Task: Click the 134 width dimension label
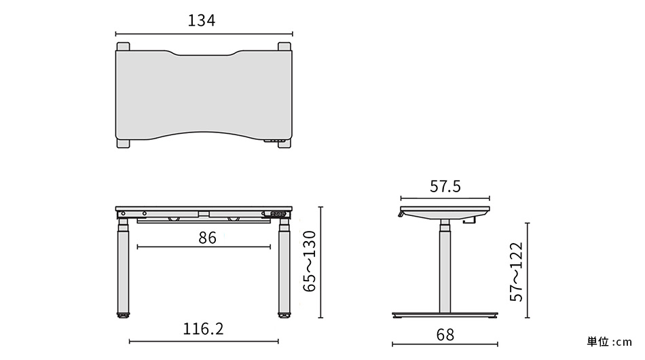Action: click(202, 21)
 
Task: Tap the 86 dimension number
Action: click(207, 238)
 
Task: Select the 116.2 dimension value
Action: click(203, 329)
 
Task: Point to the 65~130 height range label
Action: click(309, 262)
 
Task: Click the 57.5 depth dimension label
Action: click(445, 186)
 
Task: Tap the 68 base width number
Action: click(445, 335)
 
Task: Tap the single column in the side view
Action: click(445, 268)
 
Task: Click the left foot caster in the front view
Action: click(124, 315)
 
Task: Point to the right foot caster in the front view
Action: click(283, 315)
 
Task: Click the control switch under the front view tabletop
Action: click(277, 214)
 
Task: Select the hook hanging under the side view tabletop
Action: click(469, 219)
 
